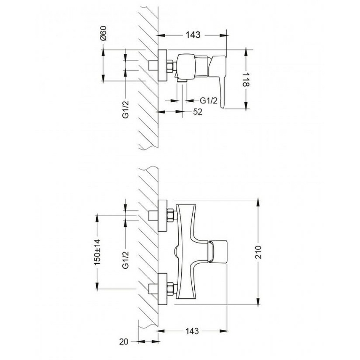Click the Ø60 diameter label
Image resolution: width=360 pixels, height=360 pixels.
pyautogui.click(x=104, y=33)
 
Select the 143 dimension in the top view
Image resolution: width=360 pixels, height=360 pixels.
pyautogui.click(x=193, y=35)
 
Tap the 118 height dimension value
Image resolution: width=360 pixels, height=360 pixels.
pyautogui.click(x=246, y=79)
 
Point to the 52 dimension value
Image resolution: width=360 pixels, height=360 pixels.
pyautogui.click(x=198, y=112)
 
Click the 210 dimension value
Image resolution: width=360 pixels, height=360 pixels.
pyautogui.click(x=258, y=252)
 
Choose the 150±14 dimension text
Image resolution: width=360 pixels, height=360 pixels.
pyautogui.click(x=97, y=252)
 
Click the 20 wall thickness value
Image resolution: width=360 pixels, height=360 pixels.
pyautogui.click(x=124, y=342)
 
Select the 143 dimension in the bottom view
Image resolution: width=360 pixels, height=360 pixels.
pyautogui.click(x=192, y=331)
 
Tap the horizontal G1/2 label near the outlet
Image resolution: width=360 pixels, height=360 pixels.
pyautogui.click(x=208, y=101)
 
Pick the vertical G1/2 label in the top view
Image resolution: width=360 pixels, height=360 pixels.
pyautogui.click(x=126, y=110)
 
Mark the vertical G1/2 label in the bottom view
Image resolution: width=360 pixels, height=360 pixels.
pyautogui.click(x=126, y=260)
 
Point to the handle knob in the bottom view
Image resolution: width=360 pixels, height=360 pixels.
pyautogui.click(x=218, y=251)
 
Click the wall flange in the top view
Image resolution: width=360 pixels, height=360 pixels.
pyautogui.click(x=162, y=65)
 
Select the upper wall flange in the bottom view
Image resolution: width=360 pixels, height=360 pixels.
pyautogui.click(x=162, y=216)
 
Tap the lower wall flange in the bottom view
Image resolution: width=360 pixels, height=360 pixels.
pyautogui.click(x=162, y=289)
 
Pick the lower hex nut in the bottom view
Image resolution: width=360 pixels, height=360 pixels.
pyautogui.click(x=170, y=289)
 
